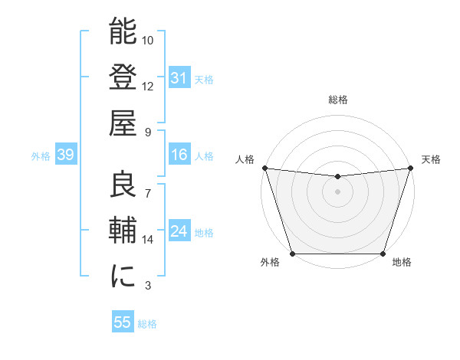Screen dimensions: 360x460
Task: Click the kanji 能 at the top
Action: pos(123,33)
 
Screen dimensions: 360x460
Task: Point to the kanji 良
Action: pos(123,185)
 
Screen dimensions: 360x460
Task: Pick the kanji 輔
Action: pos(123,230)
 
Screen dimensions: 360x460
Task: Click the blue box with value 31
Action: pos(179,78)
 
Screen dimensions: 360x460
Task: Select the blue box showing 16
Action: pos(179,155)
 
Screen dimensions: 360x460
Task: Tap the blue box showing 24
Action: pos(179,232)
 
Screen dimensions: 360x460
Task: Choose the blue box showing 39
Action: pos(66,155)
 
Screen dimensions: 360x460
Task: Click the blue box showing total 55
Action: pos(123,322)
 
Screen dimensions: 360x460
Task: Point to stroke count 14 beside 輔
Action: pos(148,240)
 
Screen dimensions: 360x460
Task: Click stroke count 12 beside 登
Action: pos(148,86)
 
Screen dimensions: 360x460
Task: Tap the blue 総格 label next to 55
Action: pos(148,324)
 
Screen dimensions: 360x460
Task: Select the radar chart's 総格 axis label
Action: pos(337,100)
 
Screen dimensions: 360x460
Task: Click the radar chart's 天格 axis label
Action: pos(431,159)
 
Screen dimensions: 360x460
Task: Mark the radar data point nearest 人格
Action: pos(264,168)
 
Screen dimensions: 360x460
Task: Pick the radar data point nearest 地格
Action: pos(383,254)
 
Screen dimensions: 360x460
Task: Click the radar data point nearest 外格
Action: pos(292,254)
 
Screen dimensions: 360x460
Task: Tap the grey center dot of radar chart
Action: pos(337,191)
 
